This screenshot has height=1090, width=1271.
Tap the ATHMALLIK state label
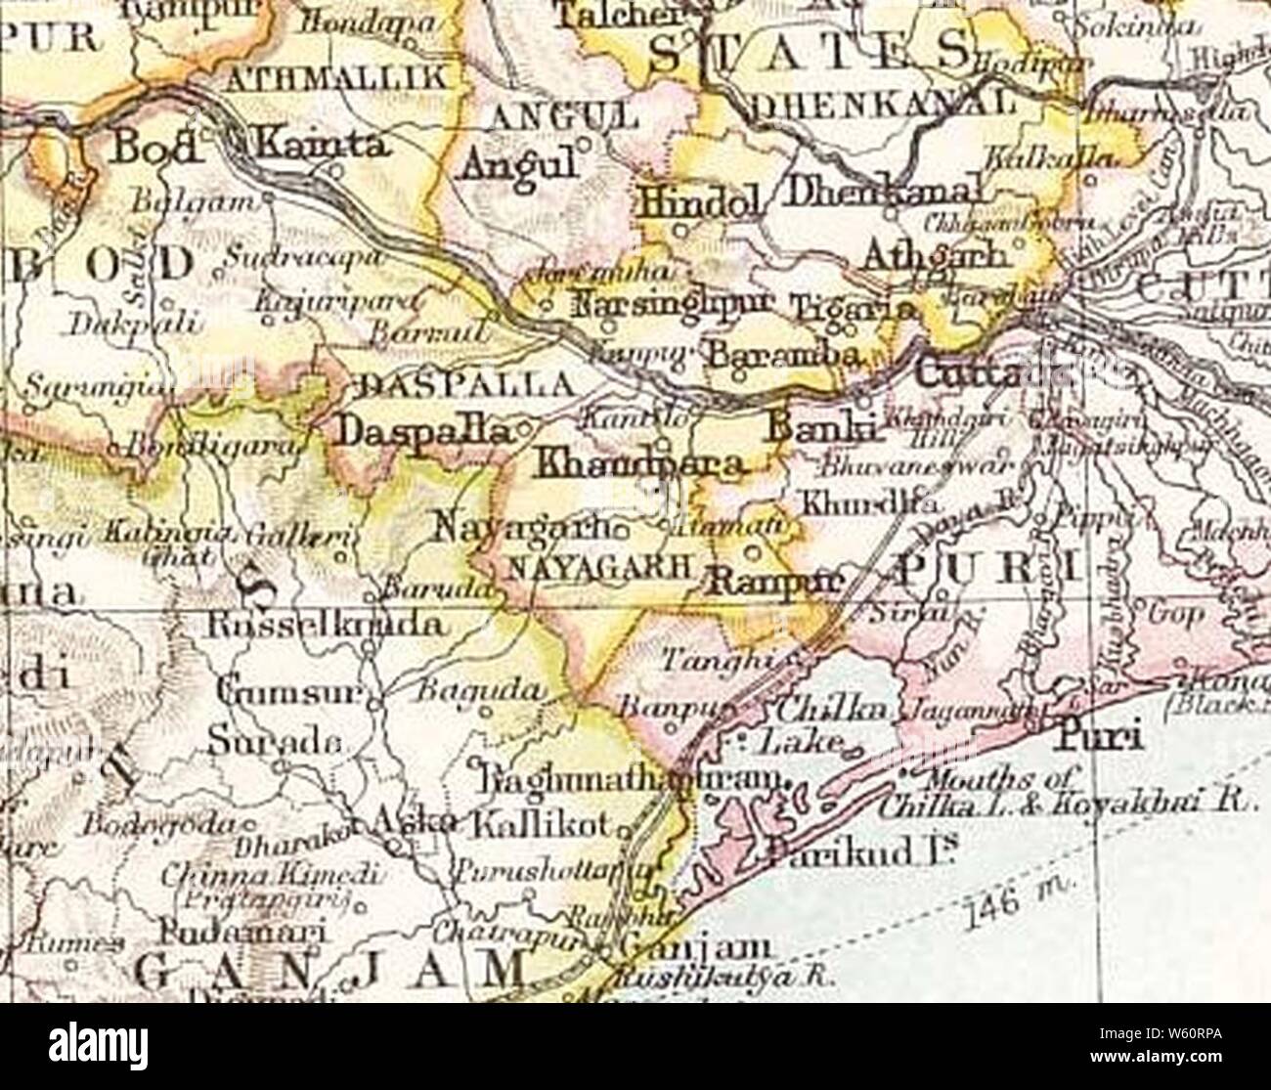click(x=335, y=78)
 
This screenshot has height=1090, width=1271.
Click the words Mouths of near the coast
click(x=987, y=779)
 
